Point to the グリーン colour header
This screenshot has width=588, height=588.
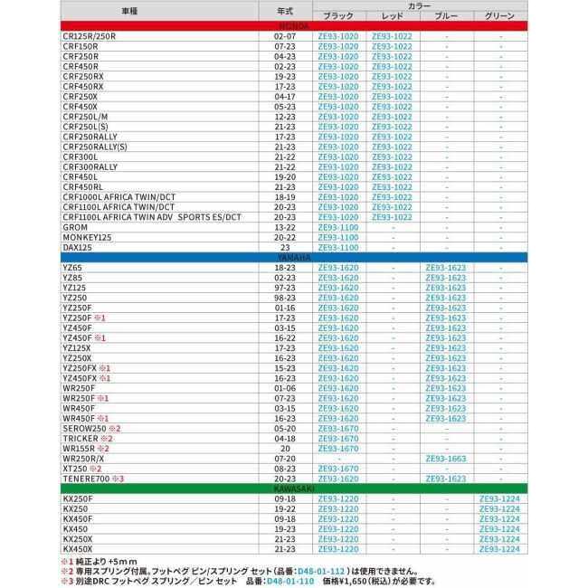(500, 16)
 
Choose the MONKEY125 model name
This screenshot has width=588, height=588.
(88, 236)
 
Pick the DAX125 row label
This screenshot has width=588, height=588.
(79, 246)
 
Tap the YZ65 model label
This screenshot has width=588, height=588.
(72, 268)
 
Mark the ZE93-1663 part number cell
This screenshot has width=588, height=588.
(446, 458)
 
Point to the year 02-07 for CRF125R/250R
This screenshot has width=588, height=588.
(284, 35)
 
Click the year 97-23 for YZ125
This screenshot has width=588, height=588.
(284, 288)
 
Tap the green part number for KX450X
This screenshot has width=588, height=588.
(500, 548)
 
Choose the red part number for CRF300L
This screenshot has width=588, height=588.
(391, 156)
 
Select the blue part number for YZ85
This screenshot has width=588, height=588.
(446, 278)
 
